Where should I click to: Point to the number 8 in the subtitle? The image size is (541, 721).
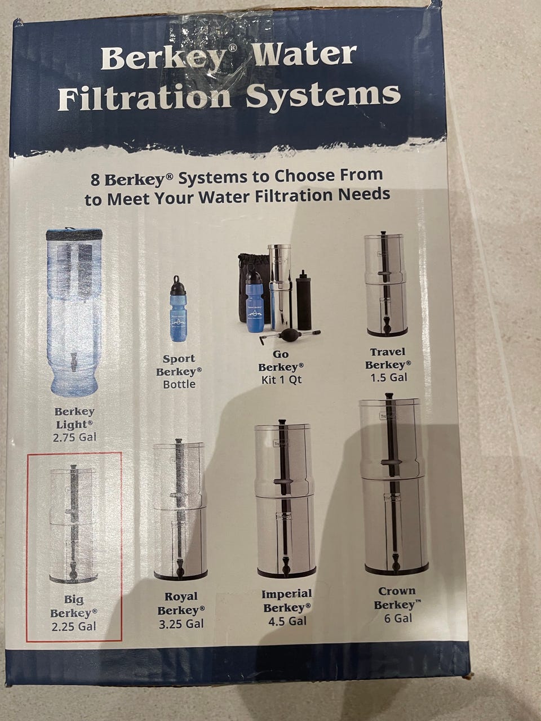click(95, 180)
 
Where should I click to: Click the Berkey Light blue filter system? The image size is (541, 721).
click(74, 311)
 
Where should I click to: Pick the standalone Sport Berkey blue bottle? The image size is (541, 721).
click(178, 309)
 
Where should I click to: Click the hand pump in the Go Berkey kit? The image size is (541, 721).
click(289, 335)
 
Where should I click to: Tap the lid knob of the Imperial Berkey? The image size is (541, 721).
click(282, 422)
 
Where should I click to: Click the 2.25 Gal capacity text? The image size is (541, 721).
click(74, 626)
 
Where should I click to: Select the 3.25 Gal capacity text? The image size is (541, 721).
click(181, 624)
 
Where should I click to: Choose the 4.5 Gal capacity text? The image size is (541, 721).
click(287, 621)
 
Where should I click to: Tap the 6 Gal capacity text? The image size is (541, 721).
click(398, 618)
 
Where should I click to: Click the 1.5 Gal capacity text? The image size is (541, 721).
click(389, 378)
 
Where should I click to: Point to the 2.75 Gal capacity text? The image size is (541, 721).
click(74, 437)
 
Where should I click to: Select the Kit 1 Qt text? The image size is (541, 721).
click(282, 380)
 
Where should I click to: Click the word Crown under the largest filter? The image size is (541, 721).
click(397, 591)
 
